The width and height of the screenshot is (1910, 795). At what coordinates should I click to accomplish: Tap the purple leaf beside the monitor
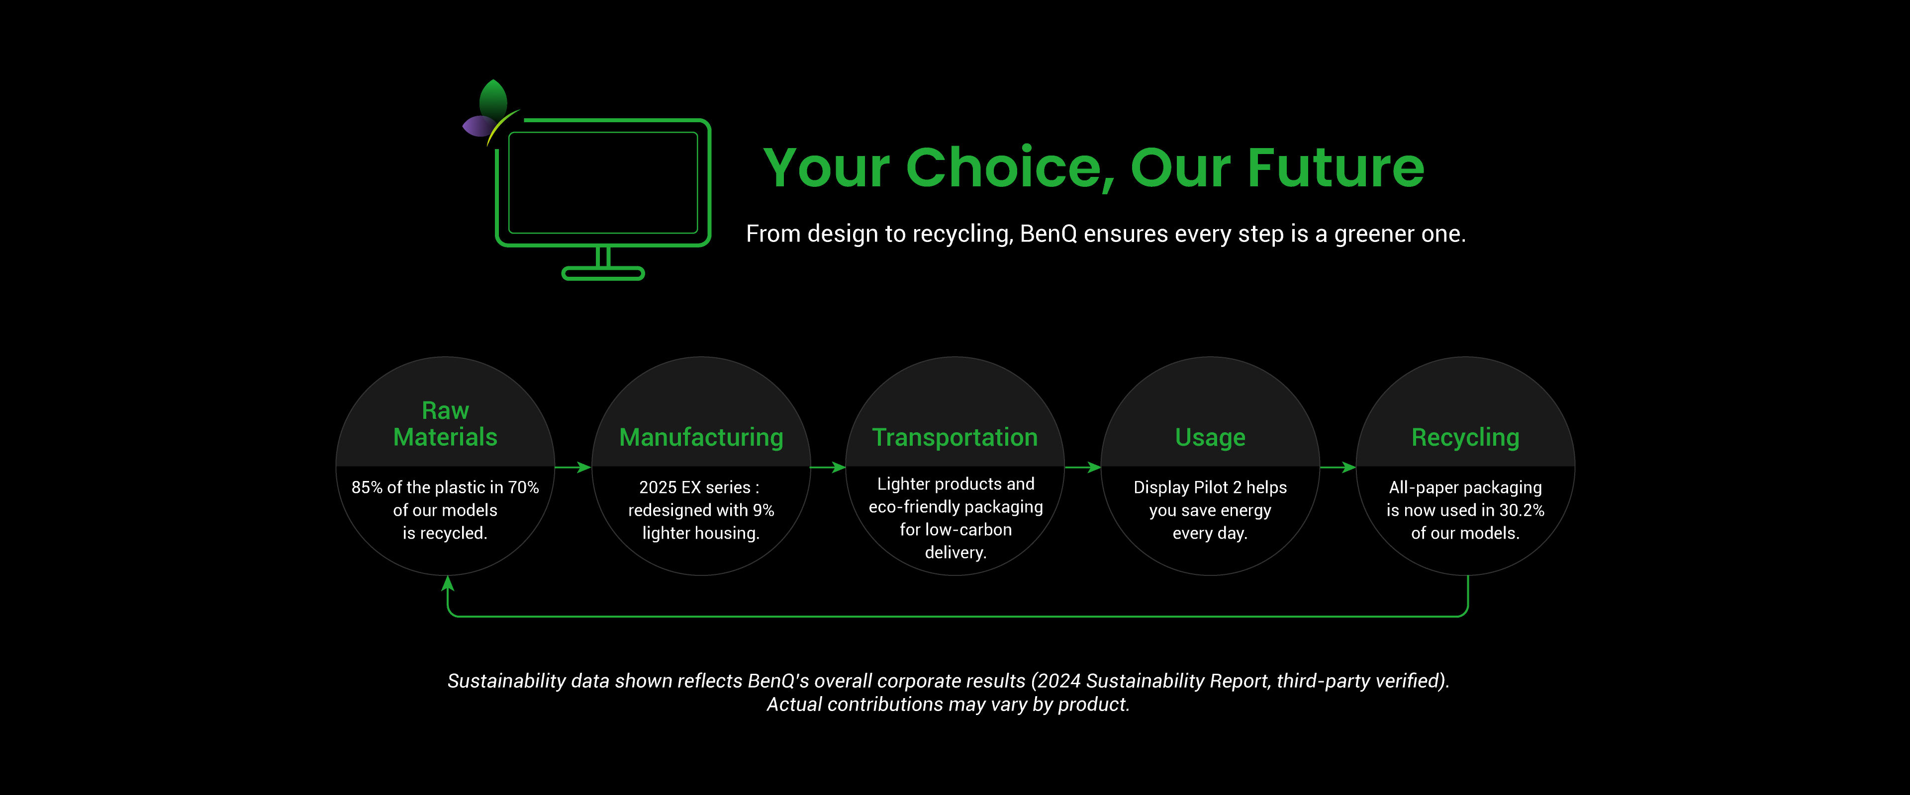(477, 126)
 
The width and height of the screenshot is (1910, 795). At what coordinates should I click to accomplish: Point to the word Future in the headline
(1336, 167)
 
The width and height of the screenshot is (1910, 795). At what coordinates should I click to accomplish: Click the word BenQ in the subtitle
(1049, 234)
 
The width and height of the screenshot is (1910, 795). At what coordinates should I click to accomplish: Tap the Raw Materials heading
(445, 424)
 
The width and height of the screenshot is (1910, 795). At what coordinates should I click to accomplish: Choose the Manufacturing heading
(701, 437)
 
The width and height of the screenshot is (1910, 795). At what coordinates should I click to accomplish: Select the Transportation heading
(955, 437)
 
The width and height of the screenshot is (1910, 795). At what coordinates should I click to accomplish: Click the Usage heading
(1210, 438)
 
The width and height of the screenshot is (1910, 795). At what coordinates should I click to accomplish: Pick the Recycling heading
(1465, 438)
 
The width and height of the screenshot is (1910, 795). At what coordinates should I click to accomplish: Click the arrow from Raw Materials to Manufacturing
(573, 467)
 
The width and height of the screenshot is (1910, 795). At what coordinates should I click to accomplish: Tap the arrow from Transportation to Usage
(1082, 467)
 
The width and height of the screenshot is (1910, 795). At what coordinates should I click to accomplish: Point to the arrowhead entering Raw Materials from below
(447, 583)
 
